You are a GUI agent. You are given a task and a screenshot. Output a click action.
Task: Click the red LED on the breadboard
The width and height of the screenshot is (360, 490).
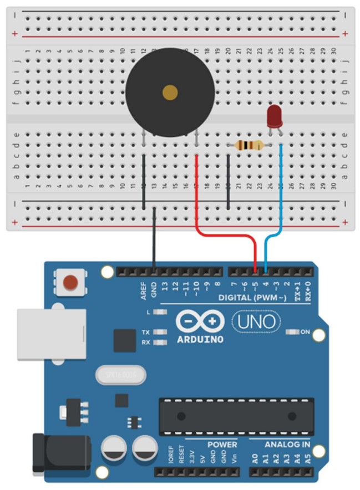[274, 116]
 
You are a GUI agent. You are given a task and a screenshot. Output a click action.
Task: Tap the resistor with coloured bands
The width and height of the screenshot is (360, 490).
[249, 146]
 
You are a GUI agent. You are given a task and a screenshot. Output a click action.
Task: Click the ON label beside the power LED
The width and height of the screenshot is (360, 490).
[305, 332]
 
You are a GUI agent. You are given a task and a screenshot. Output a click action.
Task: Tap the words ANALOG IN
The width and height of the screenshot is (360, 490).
[287, 445]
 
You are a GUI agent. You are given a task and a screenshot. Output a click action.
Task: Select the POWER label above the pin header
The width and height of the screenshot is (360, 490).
[222, 445]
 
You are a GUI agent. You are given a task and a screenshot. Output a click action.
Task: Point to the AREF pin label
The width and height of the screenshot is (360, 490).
[144, 290]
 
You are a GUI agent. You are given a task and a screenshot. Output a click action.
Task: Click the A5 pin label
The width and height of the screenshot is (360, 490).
[307, 458]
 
